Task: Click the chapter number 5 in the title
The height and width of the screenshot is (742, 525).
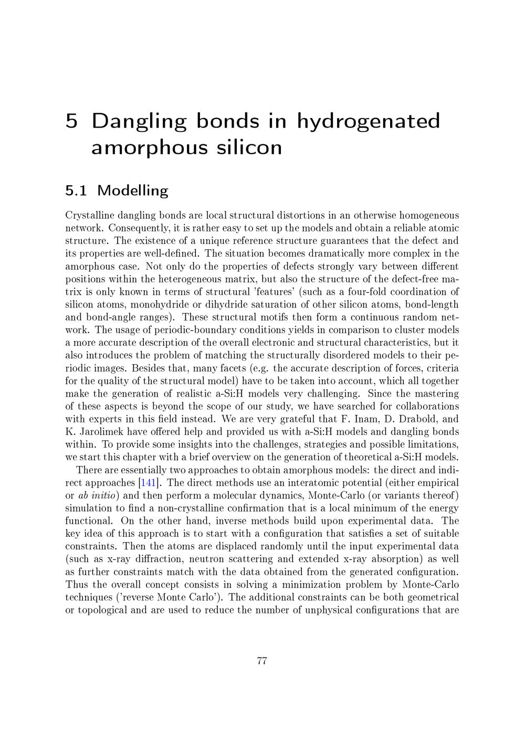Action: point(72,121)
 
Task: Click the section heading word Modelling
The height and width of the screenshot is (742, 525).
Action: point(132,190)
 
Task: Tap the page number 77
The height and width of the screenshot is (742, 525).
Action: point(262,661)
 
